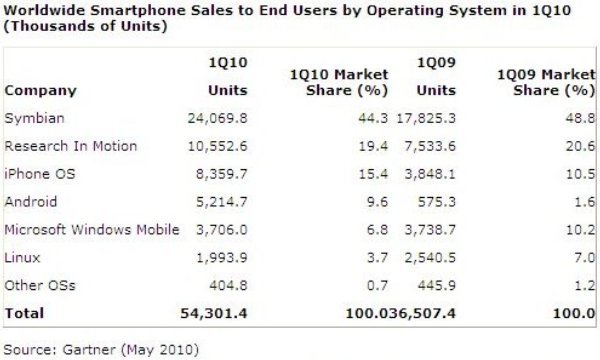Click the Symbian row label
pos(33,119)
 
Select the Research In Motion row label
pos(71,146)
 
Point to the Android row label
pos(31,202)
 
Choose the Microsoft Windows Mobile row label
pos(92,230)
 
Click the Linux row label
pos(24,258)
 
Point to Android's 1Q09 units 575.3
pos(433,202)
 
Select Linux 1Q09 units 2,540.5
pos(425,258)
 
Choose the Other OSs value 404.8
pos(226,286)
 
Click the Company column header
pos(41,91)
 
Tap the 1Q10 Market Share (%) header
pos(335,83)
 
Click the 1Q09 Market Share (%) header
pos(540,83)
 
